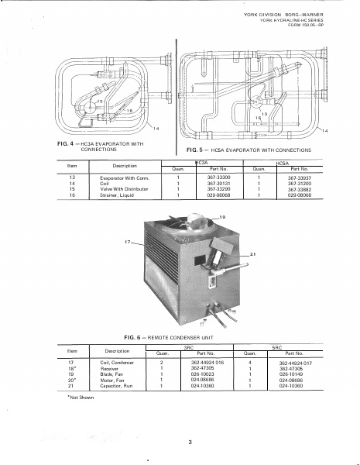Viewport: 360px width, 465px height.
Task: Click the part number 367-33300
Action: coord(204,177)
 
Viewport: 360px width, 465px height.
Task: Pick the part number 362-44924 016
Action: coord(206,362)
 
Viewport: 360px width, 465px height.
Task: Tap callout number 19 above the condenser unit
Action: coord(222,216)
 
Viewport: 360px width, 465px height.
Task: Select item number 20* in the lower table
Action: coord(71,381)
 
